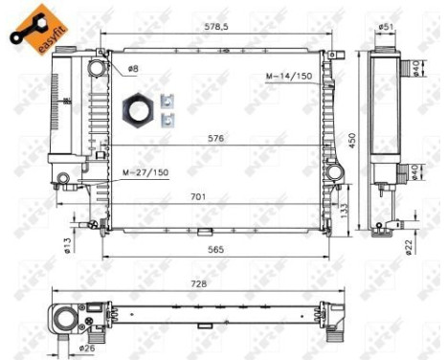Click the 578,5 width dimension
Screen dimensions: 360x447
coord(220,28)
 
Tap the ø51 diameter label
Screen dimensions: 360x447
coord(386,27)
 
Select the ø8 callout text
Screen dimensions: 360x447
coord(133,69)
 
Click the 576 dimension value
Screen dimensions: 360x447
coord(216,138)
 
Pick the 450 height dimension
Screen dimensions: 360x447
coord(351,140)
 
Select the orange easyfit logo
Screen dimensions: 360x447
coord(34,26)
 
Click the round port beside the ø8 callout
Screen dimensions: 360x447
coord(99,68)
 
